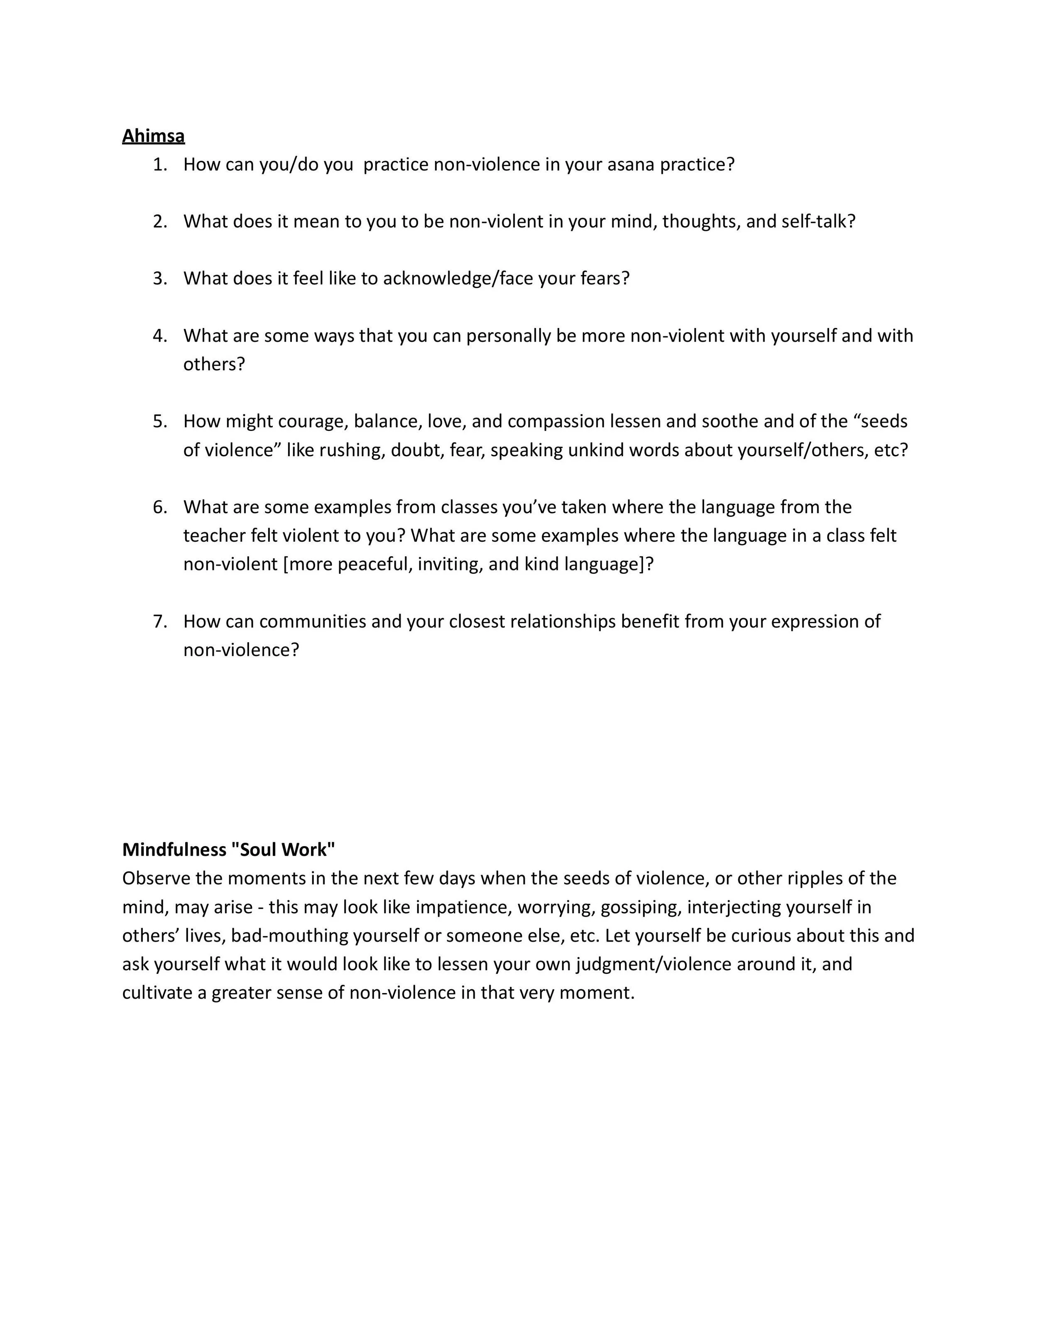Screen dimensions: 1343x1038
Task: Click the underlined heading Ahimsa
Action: coord(153,136)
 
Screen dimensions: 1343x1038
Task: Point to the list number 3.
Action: coord(160,279)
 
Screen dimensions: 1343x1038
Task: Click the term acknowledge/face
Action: coord(458,279)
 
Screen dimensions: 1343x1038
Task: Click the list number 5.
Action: coord(160,421)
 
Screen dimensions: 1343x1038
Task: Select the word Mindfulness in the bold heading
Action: coord(174,850)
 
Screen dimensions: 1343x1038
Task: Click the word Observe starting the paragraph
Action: coord(156,878)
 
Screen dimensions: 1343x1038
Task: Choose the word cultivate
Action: coord(157,993)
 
